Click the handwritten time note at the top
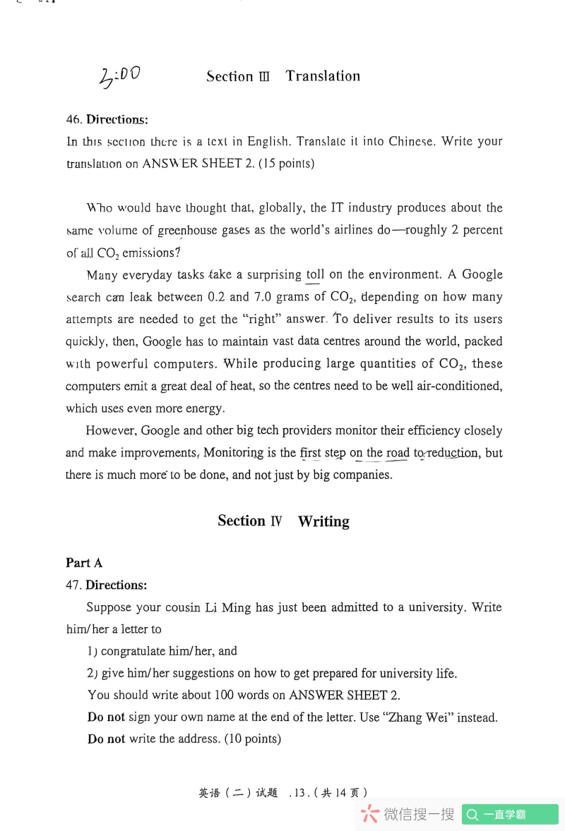[x=120, y=75]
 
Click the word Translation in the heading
[x=323, y=76]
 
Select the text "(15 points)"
[x=286, y=164]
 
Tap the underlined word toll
[x=315, y=274]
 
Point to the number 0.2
[x=217, y=297]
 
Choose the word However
[x=111, y=430]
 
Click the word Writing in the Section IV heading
[x=323, y=521]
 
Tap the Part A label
[x=84, y=562]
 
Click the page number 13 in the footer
[x=299, y=793]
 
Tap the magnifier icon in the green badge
[x=472, y=815]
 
